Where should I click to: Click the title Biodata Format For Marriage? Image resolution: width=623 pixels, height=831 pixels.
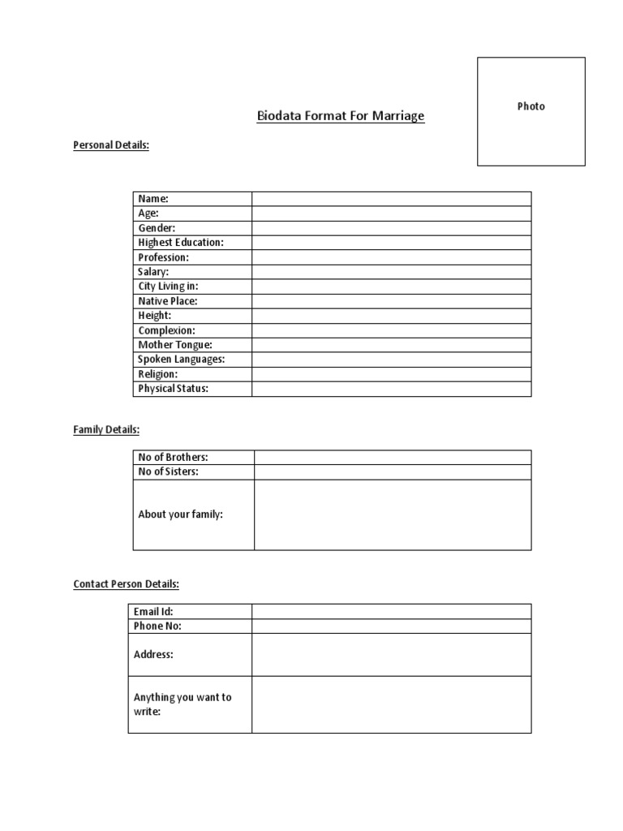click(x=341, y=116)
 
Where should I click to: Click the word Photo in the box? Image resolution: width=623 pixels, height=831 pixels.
click(x=531, y=106)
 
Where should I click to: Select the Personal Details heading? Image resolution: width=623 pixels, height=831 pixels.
click(x=111, y=145)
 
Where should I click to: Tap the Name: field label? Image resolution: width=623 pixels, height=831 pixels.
click(x=153, y=199)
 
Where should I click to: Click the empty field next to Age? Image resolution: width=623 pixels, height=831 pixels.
click(x=391, y=213)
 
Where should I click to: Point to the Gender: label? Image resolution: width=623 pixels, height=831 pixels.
click(x=157, y=228)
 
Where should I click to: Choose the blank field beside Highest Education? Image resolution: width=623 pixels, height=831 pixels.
click(x=391, y=243)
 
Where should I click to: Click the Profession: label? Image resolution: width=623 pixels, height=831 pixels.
click(x=163, y=257)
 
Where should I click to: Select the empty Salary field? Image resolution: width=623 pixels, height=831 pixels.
click(x=391, y=272)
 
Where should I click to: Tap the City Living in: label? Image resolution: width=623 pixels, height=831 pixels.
click(x=168, y=286)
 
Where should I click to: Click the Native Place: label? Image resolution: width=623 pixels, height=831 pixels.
click(x=168, y=301)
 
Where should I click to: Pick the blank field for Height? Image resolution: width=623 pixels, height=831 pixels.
click(x=391, y=316)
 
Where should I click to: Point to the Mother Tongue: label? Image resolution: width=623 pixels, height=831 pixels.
click(x=175, y=345)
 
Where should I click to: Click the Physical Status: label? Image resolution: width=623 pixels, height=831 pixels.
click(x=174, y=389)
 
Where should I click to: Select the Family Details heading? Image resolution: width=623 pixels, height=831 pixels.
click(x=106, y=429)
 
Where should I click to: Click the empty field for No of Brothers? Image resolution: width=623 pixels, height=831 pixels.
click(x=393, y=458)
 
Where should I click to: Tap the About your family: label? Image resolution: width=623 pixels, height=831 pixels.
click(x=181, y=515)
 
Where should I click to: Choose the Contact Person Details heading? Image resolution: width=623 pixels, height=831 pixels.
click(x=126, y=583)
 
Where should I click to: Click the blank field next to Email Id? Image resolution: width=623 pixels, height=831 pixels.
click(x=391, y=612)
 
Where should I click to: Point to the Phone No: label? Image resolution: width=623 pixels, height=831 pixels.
click(x=157, y=626)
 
